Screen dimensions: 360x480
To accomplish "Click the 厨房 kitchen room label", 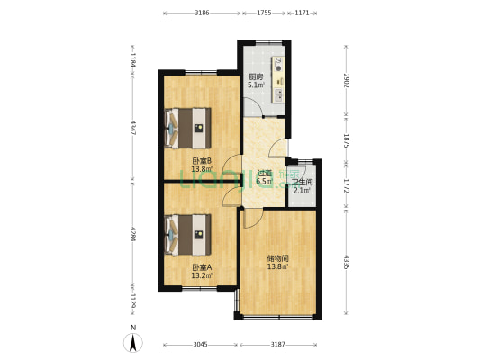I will [x=256, y=76].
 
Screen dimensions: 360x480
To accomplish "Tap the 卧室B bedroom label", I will [x=201, y=162].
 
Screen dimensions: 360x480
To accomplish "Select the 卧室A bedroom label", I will [x=201, y=267].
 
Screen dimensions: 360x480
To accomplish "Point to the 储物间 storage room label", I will [x=277, y=258].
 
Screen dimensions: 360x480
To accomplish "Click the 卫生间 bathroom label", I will [x=303, y=183].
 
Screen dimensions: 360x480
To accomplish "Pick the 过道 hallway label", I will [x=264, y=175].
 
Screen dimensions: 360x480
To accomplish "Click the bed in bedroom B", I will [x=187, y=128].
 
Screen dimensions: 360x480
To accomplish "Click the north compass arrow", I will [x=133, y=341].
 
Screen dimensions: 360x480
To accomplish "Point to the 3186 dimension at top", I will [x=202, y=13].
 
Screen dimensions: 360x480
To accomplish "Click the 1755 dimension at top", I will [x=264, y=13].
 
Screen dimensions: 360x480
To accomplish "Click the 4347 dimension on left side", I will [x=132, y=128].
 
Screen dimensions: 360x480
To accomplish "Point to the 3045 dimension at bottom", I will [x=200, y=345].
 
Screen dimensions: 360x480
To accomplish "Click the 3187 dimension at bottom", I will [x=278, y=345].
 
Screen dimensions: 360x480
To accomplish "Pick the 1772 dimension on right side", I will [x=346, y=184].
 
